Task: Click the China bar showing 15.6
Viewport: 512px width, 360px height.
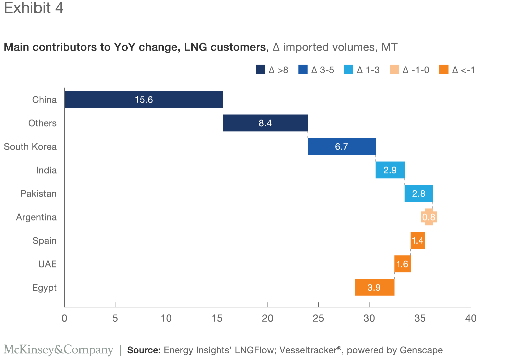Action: point(143,100)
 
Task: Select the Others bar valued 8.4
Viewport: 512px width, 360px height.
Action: point(265,123)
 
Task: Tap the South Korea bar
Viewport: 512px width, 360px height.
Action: point(341,147)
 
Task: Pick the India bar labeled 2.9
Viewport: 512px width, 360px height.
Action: point(390,170)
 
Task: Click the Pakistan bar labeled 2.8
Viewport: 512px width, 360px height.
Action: point(418,193)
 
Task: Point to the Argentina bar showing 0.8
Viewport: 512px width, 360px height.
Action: point(429,217)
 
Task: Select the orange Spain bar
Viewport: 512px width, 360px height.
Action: point(417,240)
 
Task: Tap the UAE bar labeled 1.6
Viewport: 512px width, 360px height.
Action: point(402,264)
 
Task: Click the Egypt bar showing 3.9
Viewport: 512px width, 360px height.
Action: point(374,287)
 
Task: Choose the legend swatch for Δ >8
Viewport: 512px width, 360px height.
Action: point(260,70)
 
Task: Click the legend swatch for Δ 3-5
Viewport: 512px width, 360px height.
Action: point(303,70)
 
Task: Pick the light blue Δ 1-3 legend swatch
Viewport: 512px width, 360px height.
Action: point(348,70)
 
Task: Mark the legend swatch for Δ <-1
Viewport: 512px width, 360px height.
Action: point(444,70)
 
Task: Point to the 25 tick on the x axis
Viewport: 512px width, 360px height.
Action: point(318,318)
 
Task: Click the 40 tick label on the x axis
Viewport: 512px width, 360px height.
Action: point(471,318)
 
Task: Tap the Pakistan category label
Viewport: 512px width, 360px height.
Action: point(38,194)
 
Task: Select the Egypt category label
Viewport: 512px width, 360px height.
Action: point(44,288)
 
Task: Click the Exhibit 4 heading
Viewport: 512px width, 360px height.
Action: point(34,8)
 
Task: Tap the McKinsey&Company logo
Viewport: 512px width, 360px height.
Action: point(58,350)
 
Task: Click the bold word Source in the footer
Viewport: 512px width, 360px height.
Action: point(144,350)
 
